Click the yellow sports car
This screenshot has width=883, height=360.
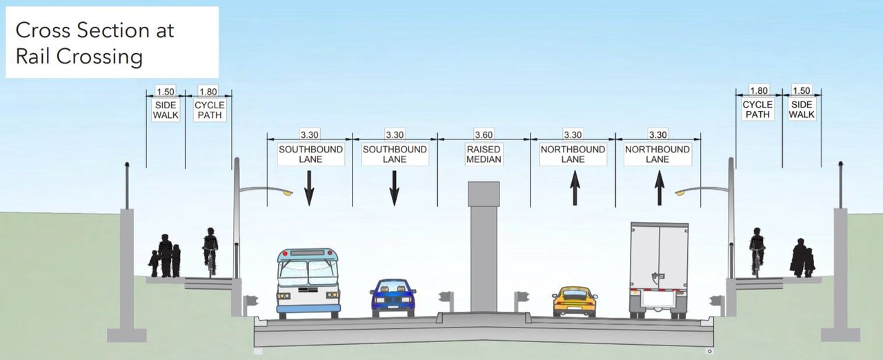(x=575, y=301)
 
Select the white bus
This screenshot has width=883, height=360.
(x=309, y=283)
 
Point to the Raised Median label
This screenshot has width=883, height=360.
(x=484, y=154)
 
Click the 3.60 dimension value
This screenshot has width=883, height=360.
(x=484, y=135)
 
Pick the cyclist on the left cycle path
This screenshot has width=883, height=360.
(x=210, y=250)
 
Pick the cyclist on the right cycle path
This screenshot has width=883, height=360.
(x=757, y=250)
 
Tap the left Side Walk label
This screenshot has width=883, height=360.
(x=166, y=110)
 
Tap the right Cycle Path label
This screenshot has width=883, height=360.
(x=757, y=110)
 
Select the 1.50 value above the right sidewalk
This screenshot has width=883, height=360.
(x=802, y=91)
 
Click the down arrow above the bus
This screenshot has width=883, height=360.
(x=309, y=188)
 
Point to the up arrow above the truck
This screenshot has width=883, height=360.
(x=659, y=188)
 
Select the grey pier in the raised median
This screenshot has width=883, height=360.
(x=484, y=248)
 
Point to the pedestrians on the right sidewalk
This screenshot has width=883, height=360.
(x=802, y=259)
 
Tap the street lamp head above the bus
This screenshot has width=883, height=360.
(x=288, y=194)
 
